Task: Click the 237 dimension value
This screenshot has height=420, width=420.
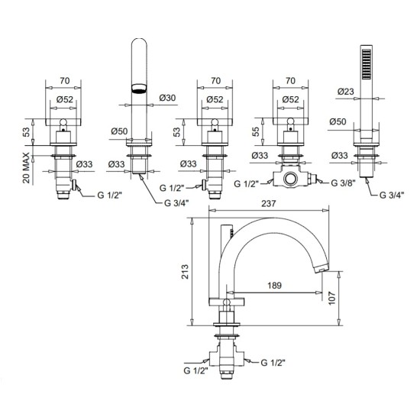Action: coord(268,204)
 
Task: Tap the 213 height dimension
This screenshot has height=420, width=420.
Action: coord(185,272)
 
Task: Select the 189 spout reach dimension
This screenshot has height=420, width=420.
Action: coord(275,286)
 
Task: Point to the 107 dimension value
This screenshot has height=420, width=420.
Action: coord(332,298)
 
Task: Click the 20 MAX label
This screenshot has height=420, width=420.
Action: coord(26,168)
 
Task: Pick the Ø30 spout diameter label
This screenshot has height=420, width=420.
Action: coord(167,98)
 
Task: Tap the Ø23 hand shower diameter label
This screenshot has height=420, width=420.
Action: coord(345,92)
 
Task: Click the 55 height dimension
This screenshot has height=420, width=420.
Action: coord(256,131)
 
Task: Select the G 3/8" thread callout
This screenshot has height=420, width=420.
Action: coord(343,183)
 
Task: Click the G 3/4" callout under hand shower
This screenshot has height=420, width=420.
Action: coord(392,195)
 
